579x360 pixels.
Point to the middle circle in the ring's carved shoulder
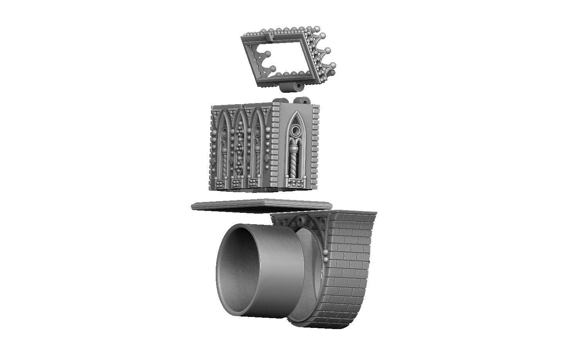300,222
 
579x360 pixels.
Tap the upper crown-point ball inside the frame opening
267,54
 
